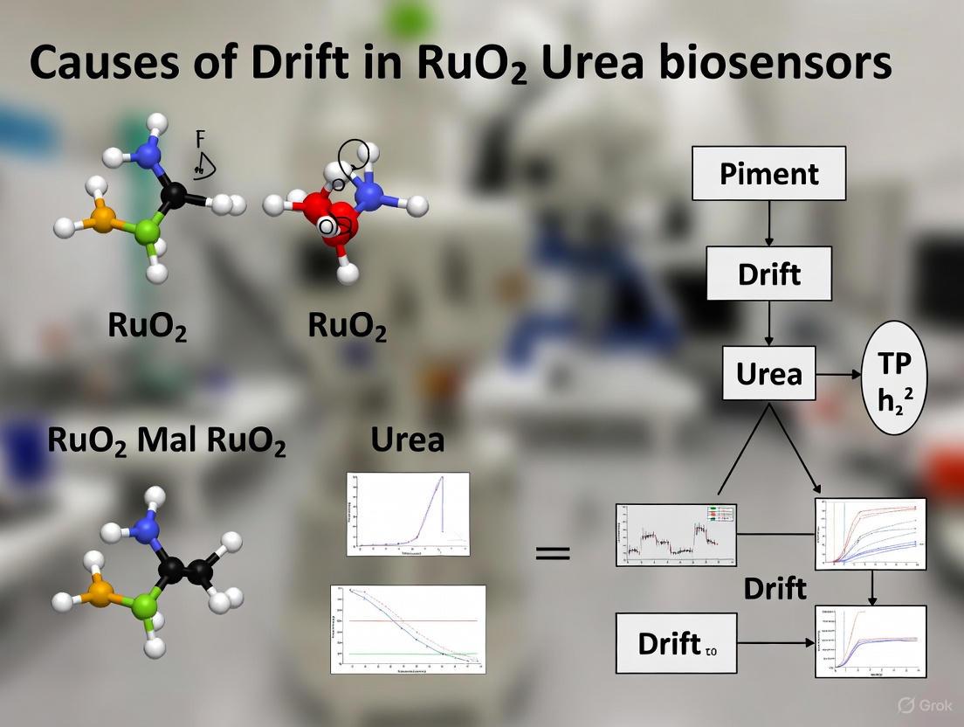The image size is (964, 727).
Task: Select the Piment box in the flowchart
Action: (768, 173)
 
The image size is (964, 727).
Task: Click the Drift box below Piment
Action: (768, 273)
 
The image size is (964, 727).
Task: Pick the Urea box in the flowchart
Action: (768, 373)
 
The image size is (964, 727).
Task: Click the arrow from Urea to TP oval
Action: (839, 373)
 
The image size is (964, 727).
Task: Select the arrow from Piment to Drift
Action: (768, 223)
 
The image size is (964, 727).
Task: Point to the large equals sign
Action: (552, 553)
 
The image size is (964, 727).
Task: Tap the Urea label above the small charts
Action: (407, 439)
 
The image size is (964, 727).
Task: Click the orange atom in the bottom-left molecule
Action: (100, 595)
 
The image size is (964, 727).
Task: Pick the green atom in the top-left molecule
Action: (148, 232)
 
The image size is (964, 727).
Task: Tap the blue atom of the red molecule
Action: (372, 194)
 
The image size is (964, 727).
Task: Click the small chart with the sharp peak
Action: (408, 514)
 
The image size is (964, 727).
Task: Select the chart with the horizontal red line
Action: (408, 628)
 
